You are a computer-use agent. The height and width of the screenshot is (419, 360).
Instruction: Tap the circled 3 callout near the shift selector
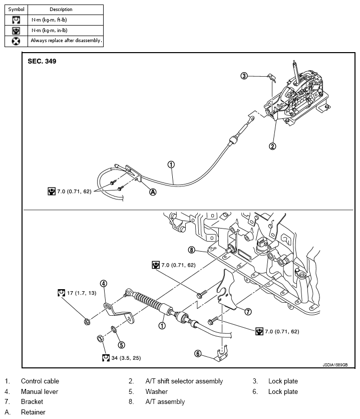tap(244, 76)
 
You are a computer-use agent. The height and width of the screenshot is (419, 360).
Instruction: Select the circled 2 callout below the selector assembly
tap(272, 146)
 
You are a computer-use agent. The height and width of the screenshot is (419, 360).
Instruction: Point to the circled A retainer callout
tap(153, 192)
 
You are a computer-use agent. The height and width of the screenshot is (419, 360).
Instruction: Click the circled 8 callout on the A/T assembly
tap(191, 250)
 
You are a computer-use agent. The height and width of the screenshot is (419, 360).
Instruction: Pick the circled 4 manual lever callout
tap(104, 283)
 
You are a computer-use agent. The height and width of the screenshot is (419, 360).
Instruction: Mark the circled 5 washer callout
tap(121, 345)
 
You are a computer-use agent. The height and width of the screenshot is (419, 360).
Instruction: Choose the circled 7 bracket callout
tap(247, 311)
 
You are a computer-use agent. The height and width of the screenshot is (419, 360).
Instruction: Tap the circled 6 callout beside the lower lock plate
tap(198, 354)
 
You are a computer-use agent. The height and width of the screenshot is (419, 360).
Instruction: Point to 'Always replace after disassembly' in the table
tap(66, 40)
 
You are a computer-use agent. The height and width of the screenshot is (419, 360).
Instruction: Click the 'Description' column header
tap(61, 9)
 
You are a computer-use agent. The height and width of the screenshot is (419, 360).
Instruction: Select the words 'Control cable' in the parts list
tap(40, 381)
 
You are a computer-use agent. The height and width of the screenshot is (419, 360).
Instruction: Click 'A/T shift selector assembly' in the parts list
tap(184, 381)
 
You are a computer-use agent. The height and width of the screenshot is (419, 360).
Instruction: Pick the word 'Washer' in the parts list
tap(156, 391)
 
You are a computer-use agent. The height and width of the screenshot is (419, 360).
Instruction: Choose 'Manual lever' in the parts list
tap(40, 391)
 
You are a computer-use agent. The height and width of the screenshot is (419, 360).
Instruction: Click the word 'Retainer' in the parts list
tap(33, 412)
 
